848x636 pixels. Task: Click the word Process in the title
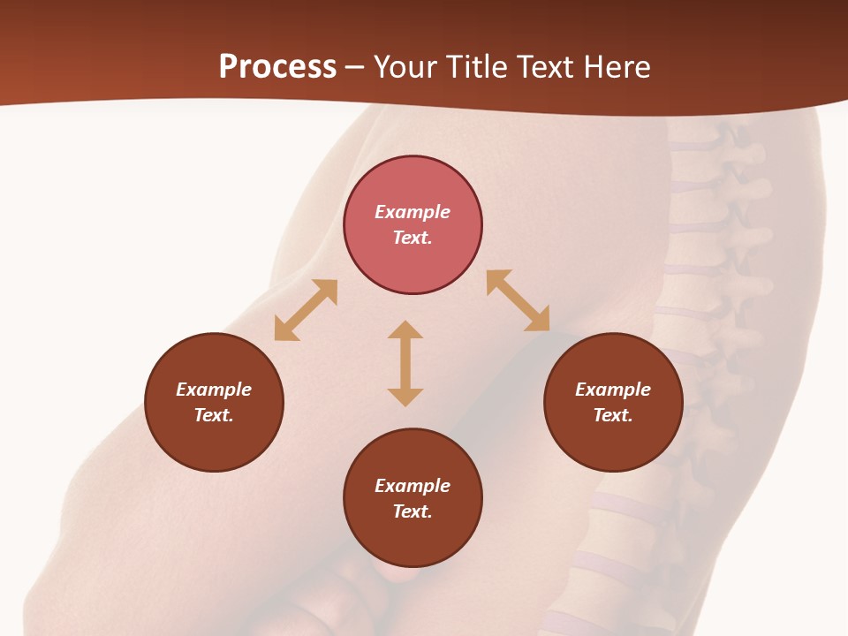pos(277,67)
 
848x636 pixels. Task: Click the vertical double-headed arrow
pos(405,363)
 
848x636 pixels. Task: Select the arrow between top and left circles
pos(306,310)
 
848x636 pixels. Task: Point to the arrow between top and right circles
pos(518,300)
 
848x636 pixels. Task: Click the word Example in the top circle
pos(413,212)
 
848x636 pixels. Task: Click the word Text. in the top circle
pos(413,238)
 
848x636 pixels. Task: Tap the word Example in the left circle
pos(214,390)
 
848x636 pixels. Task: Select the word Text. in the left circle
pos(214,415)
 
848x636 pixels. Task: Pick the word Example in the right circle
pos(613,390)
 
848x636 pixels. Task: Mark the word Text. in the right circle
pos(613,415)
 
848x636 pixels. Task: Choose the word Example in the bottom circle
pos(413,486)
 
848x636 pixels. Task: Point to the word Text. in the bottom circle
pos(413,511)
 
